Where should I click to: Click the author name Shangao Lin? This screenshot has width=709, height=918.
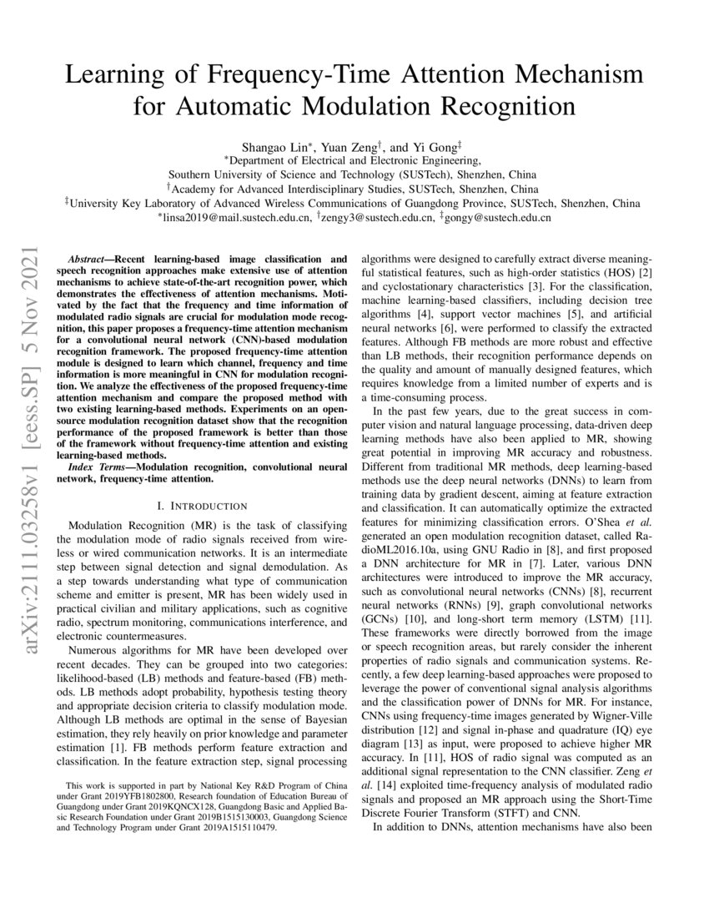[269, 145]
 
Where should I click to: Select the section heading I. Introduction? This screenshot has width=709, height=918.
[202, 506]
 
